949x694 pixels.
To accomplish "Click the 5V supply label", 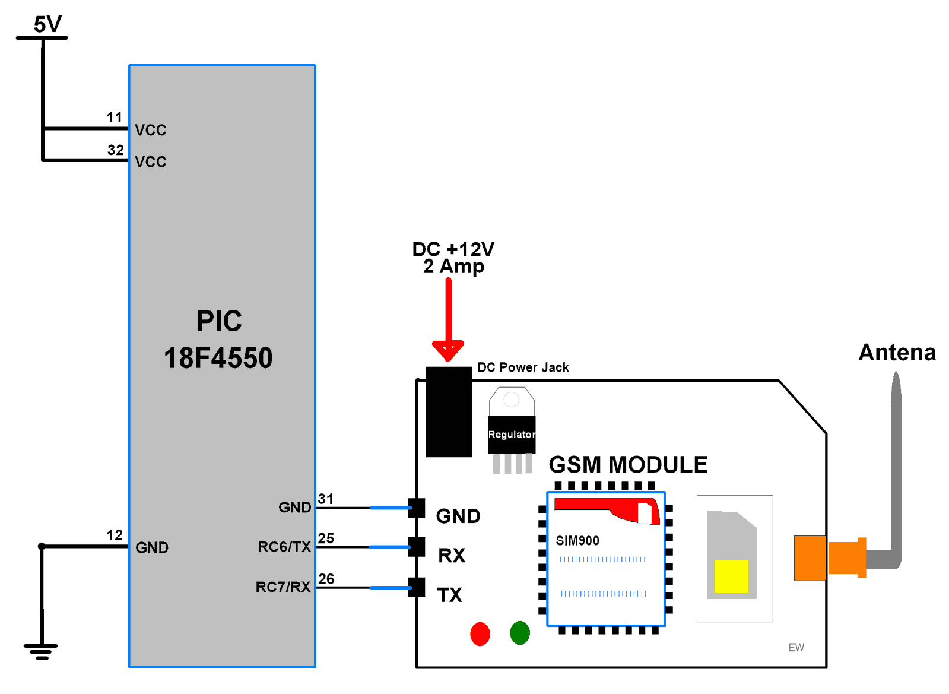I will (x=47, y=24).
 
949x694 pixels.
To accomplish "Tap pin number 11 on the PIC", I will (x=114, y=117).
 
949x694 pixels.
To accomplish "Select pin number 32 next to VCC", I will (x=115, y=150).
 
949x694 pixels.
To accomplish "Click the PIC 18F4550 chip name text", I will (x=218, y=340).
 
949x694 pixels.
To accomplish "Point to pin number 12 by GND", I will (x=114, y=535).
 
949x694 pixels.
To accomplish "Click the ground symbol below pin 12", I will (x=41, y=651).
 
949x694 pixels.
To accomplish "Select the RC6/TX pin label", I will (x=284, y=547).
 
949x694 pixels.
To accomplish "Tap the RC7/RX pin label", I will (x=283, y=587).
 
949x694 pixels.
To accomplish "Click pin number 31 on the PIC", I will (x=325, y=499).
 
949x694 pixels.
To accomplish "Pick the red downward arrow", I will (x=448, y=321).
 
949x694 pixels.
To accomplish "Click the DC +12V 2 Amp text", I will (x=453, y=258).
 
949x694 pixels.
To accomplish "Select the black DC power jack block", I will (x=449, y=412).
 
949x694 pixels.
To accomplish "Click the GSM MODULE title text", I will (x=628, y=465).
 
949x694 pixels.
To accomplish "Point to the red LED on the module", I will (x=480, y=633).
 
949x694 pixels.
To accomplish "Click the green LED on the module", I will (x=519, y=633).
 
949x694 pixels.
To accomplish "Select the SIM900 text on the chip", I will (x=577, y=541).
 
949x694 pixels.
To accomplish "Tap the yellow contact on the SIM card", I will (x=731, y=576).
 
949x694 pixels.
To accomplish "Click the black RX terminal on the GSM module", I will (x=417, y=547).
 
